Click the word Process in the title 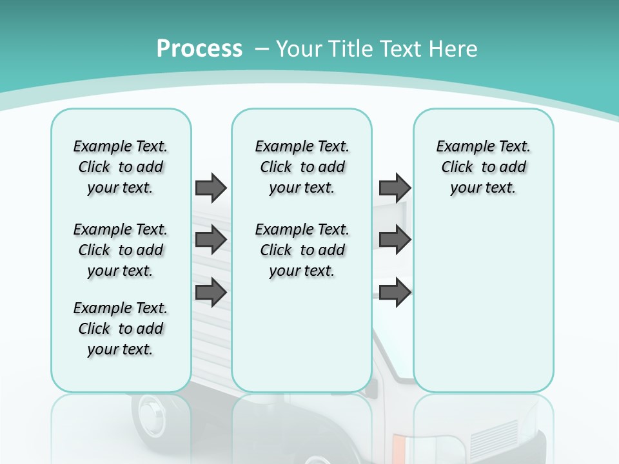pyautogui.click(x=199, y=49)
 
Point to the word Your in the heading pyautogui.click(x=298, y=49)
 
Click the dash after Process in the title pyautogui.click(x=262, y=49)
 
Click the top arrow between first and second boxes pyautogui.click(x=211, y=188)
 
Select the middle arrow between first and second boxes pyautogui.click(x=211, y=240)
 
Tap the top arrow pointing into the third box pyautogui.click(x=395, y=188)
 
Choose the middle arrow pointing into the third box pyautogui.click(x=395, y=240)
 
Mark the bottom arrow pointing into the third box pyautogui.click(x=395, y=293)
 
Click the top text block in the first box pyautogui.click(x=121, y=167)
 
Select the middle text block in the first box pyautogui.click(x=121, y=250)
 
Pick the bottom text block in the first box pyautogui.click(x=121, y=329)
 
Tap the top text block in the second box pyautogui.click(x=302, y=167)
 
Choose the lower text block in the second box pyautogui.click(x=302, y=250)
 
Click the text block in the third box pyautogui.click(x=483, y=167)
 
